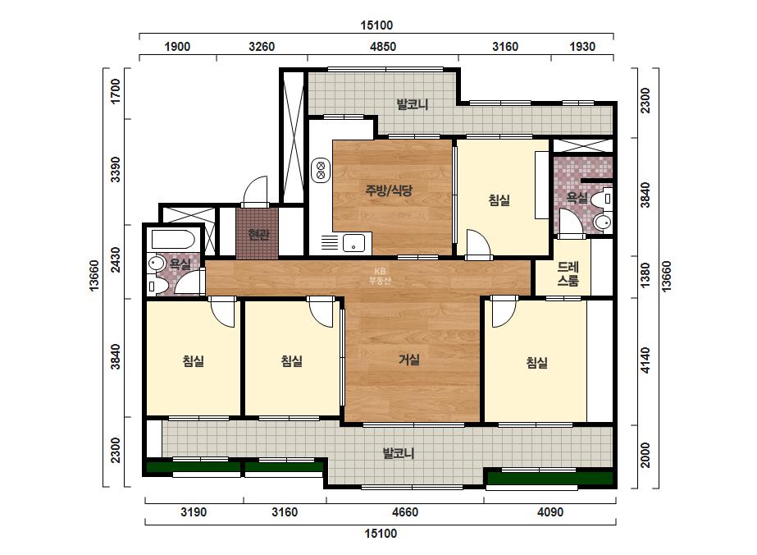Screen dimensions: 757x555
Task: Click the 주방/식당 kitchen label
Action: (389, 190)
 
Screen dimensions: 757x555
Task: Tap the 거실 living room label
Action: (409, 360)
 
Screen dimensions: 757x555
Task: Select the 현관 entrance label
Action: (258, 235)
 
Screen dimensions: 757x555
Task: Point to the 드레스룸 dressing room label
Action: (568, 273)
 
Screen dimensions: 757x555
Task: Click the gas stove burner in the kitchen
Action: (321, 170)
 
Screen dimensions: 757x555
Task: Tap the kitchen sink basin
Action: (353, 243)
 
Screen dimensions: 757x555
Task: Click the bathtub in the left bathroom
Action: (173, 239)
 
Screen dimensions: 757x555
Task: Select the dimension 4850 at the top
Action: (383, 47)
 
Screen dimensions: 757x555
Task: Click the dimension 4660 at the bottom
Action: (405, 512)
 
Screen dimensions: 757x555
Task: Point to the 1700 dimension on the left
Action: (115, 91)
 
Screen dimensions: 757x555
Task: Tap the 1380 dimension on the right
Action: (645, 276)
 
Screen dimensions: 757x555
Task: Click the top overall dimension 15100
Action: (376, 25)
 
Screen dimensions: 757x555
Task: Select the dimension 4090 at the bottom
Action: (550, 512)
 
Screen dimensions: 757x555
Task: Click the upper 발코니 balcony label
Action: (413, 104)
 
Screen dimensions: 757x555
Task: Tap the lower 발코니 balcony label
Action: (399, 453)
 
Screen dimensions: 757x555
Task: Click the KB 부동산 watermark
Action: (380, 276)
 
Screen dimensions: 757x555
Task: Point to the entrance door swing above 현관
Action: (254, 192)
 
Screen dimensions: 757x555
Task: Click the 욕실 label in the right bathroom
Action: (577, 197)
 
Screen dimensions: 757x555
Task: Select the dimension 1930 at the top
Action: (582, 47)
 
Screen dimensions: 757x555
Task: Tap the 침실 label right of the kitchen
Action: (499, 200)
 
